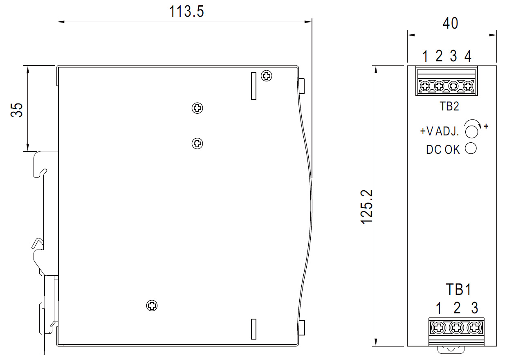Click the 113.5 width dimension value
click(186, 11)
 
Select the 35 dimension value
click(17, 110)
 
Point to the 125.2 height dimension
click(367, 207)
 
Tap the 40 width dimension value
click(451, 23)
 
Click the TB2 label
click(449, 106)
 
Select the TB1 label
click(459, 289)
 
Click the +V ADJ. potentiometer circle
click(471, 132)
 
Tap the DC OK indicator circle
click(471, 148)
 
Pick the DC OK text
click(443, 150)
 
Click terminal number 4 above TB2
click(468, 56)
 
